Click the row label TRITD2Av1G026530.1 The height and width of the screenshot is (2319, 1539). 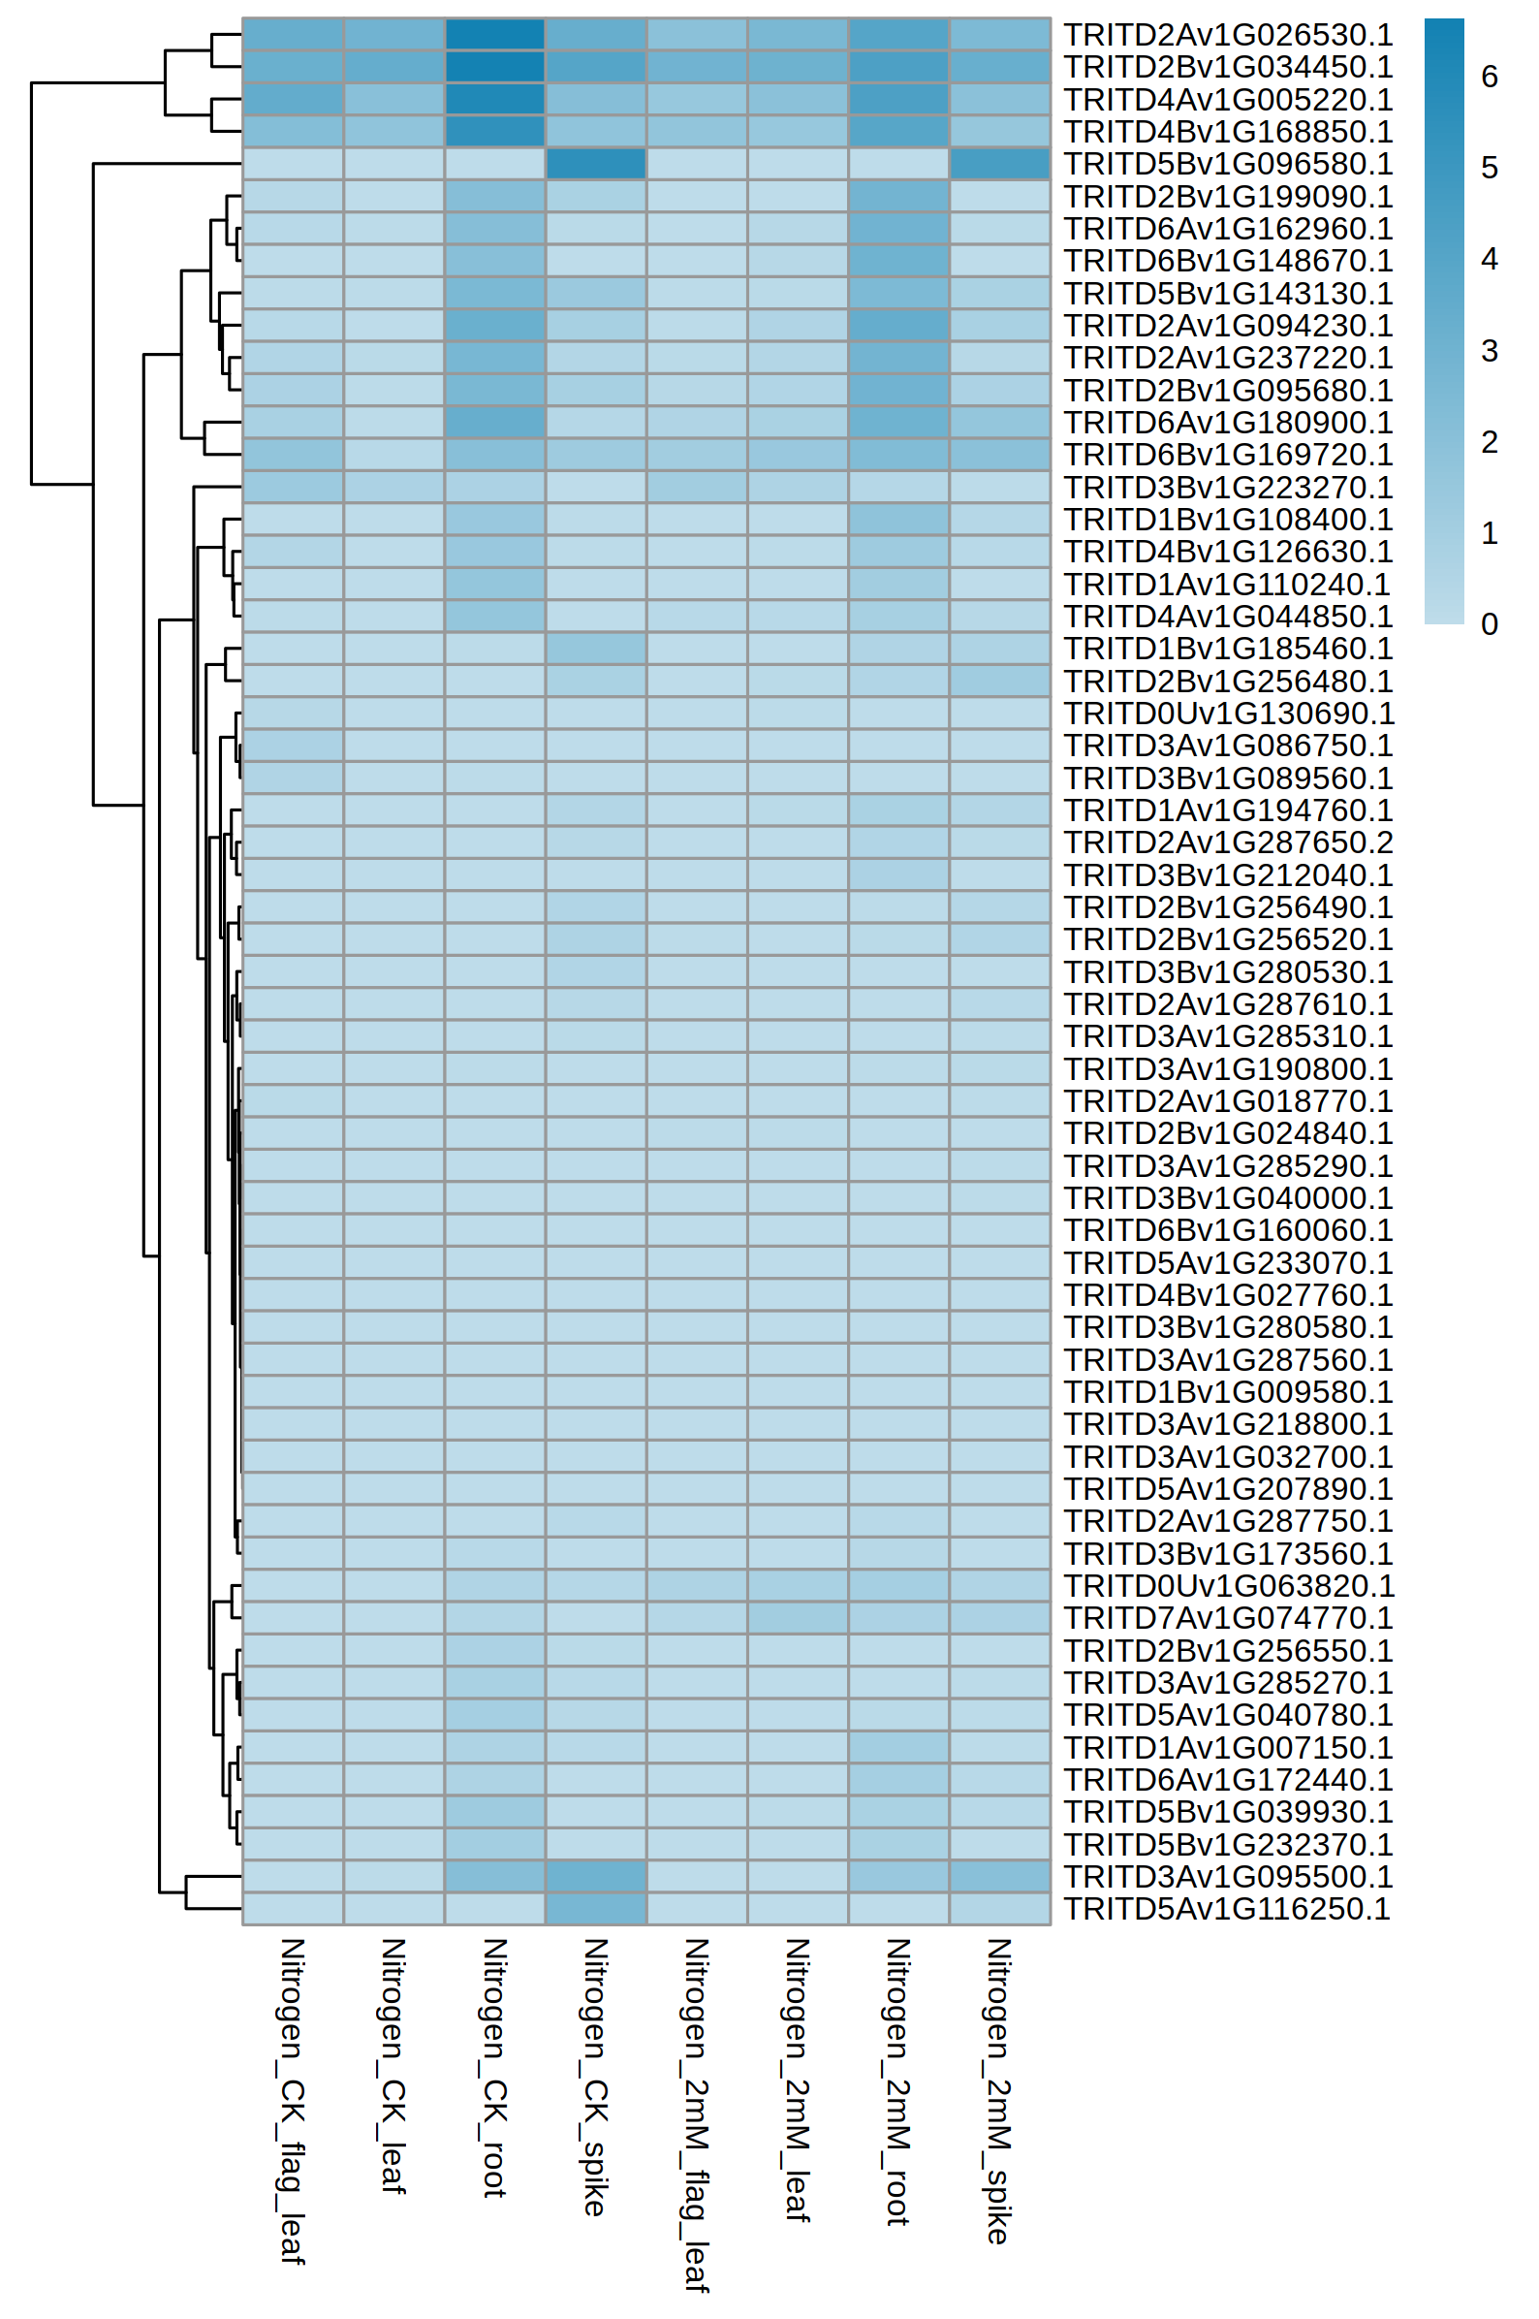(x=1228, y=34)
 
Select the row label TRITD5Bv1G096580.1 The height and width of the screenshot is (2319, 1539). (x=1228, y=164)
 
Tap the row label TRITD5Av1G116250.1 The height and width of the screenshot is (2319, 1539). (x=1227, y=1909)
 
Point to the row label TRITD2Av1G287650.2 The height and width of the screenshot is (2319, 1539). (x=1228, y=842)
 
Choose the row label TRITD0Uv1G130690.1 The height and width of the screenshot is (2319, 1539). (x=1229, y=713)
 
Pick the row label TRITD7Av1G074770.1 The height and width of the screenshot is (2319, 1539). (x=1228, y=1618)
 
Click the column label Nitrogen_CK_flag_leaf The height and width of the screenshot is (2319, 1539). (x=293, y=2101)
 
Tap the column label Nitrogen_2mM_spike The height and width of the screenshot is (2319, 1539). (x=998, y=2091)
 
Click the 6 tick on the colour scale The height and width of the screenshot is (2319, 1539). (x=1489, y=77)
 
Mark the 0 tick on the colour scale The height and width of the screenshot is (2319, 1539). (x=1489, y=624)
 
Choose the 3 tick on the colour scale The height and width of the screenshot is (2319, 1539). (x=1489, y=351)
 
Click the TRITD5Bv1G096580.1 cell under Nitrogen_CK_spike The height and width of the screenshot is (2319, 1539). (x=596, y=164)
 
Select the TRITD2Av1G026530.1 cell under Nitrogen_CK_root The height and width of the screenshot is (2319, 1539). (x=494, y=34)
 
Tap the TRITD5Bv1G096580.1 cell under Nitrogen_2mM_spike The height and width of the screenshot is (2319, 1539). (x=999, y=164)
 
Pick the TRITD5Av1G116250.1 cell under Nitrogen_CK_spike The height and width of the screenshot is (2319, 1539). (x=596, y=1909)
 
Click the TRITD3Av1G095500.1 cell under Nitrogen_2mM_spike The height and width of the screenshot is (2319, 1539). (x=999, y=1876)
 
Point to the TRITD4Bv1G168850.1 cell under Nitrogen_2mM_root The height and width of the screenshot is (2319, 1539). (x=898, y=132)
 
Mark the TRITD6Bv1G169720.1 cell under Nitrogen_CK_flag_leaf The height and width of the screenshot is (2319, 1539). (x=293, y=455)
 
